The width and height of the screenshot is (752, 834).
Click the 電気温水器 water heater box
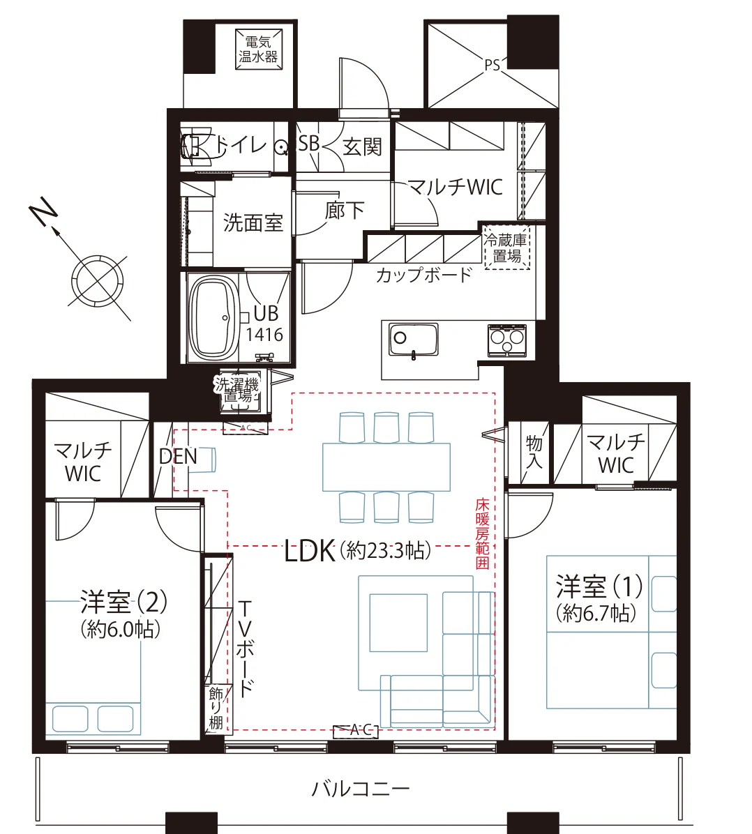(x=258, y=50)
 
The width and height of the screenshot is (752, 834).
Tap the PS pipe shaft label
(x=492, y=65)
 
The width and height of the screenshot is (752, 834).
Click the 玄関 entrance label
(x=362, y=146)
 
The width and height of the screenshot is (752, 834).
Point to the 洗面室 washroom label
(x=253, y=222)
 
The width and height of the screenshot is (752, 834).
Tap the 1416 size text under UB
(x=264, y=335)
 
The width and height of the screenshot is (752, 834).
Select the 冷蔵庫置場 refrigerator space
(x=506, y=248)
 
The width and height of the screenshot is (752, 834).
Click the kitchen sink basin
(x=413, y=339)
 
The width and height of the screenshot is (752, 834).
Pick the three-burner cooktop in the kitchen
(x=506, y=340)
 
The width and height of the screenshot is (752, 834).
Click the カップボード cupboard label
(x=423, y=275)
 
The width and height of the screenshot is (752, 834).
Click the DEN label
(x=178, y=456)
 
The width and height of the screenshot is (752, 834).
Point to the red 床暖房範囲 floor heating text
(x=482, y=533)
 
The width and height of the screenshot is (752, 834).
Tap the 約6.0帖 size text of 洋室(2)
(x=120, y=630)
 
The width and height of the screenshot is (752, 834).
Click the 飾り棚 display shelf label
(x=216, y=707)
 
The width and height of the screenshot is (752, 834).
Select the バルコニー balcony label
(x=361, y=788)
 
